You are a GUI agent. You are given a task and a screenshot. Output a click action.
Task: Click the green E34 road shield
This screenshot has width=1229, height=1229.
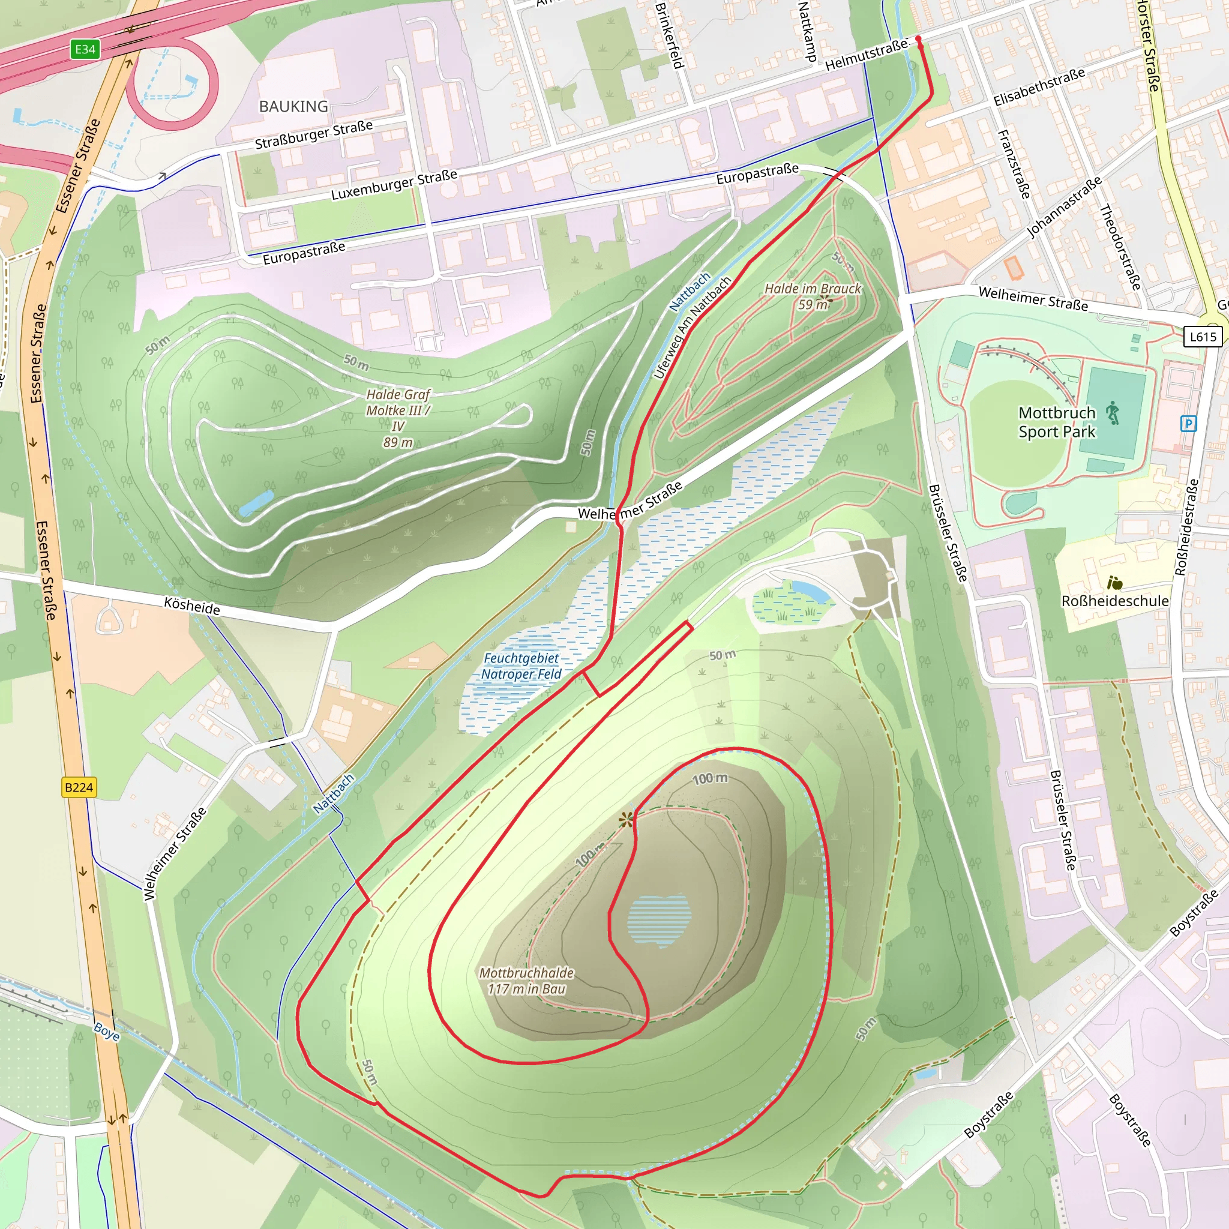(x=85, y=50)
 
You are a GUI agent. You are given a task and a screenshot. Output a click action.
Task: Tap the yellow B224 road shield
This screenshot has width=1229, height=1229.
(x=79, y=787)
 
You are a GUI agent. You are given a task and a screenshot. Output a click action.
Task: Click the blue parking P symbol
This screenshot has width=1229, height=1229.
(x=1188, y=424)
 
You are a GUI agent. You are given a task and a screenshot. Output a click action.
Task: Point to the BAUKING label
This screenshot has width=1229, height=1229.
(x=293, y=107)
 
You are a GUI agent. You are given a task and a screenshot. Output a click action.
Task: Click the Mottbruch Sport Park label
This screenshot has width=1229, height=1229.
(x=1057, y=422)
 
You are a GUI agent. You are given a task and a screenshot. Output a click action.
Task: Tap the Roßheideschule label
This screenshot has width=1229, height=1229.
(x=1114, y=601)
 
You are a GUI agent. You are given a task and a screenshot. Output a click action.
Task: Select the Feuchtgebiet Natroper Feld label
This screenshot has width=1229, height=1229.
(x=521, y=666)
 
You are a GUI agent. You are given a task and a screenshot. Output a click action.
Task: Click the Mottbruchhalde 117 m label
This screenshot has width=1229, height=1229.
(x=526, y=981)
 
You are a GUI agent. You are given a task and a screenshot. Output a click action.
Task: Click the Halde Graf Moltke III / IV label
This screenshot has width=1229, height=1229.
(x=398, y=418)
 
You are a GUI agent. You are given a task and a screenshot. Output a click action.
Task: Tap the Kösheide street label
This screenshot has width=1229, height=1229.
(x=192, y=605)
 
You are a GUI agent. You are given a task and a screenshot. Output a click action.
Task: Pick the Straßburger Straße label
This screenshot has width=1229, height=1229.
(x=314, y=135)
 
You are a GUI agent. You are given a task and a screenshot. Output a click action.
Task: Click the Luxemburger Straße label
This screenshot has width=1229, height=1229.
(x=394, y=184)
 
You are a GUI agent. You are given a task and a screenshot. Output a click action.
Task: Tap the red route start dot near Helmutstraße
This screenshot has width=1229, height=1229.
(x=918, y=40)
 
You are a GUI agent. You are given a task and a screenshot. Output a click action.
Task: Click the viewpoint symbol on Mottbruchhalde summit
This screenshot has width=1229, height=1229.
(x=627, y=819)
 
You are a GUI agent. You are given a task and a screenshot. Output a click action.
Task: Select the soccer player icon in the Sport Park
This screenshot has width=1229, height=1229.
(x=1112, y=413)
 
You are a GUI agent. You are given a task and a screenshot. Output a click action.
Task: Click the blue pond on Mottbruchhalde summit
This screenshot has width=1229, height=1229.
(x=659, y=919)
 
